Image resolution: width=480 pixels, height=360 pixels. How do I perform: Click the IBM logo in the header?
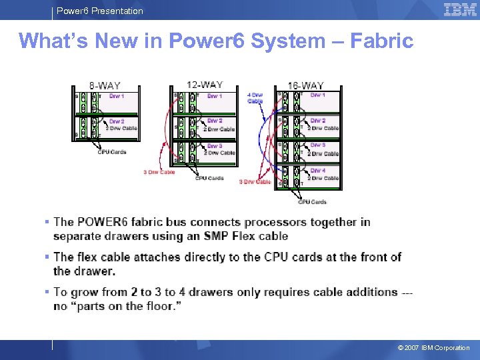[460, 9]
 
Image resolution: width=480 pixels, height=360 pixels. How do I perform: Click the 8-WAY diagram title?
[105, 86]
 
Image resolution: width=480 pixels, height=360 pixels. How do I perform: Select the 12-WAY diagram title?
[204, 85]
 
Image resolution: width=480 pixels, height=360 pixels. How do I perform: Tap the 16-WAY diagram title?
[305, 86]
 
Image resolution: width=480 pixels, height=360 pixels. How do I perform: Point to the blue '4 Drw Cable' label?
[255, 98]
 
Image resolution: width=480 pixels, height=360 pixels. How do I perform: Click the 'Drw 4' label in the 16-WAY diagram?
[318, 171]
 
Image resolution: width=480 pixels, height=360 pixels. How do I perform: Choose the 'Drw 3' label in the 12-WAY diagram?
[215, 146]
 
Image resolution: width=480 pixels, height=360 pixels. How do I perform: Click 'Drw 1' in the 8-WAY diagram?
[117, 96]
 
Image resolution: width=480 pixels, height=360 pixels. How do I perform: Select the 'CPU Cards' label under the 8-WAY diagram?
[111, 152]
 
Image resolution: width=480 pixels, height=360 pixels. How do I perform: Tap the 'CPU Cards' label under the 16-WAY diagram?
[312, 201]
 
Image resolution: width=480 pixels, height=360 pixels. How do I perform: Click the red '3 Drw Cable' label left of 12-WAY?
[159, 172]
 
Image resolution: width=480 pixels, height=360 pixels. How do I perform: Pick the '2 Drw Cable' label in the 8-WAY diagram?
[121, 128]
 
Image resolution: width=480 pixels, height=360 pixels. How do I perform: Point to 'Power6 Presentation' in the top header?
[99, 11]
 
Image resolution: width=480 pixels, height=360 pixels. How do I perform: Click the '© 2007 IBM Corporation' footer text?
[433, 348]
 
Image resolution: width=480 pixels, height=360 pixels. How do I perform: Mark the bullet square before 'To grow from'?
[47, 292]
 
